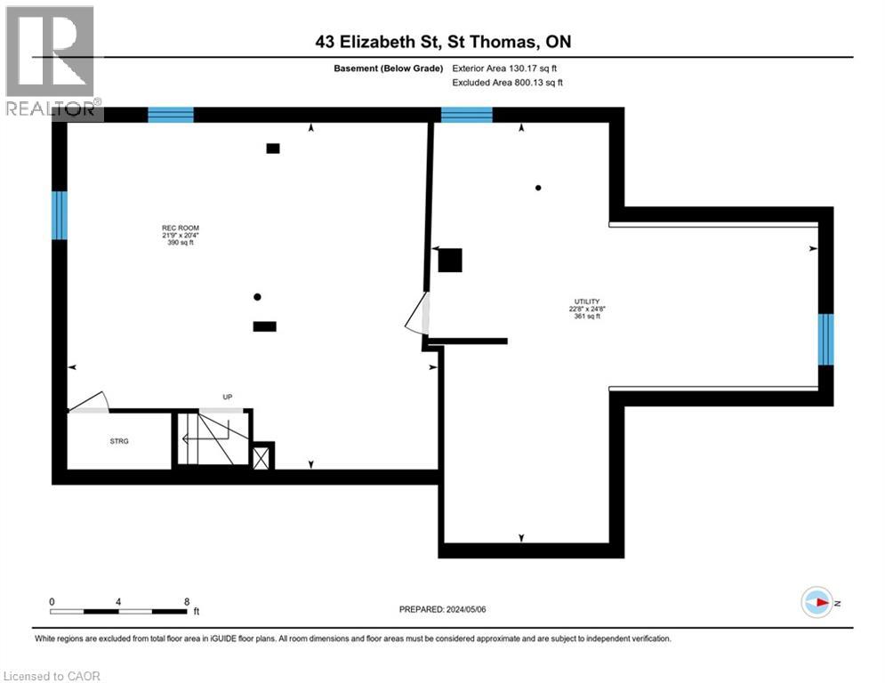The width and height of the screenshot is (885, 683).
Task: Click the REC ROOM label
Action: click(181, 228)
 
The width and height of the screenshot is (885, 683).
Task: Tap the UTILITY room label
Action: click(587, 301)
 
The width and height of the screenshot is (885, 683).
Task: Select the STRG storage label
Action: click(119, 441)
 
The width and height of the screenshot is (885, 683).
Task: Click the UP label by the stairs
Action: click(228, 397)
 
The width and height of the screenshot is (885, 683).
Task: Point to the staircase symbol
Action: click(213, 438)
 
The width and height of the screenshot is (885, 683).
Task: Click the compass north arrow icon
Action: click(817, 602)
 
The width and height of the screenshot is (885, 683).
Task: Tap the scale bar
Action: click(118, 611)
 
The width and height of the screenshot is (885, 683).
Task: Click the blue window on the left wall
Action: click(60, 215)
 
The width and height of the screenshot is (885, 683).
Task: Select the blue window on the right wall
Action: click(825, 339)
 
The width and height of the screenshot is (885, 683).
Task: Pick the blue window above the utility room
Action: click(466, 115)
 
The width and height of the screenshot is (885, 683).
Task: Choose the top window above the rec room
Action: click(171, 115)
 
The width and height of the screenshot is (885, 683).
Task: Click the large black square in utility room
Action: click(450, 261)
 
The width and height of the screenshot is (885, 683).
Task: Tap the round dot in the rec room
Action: click(257, 297)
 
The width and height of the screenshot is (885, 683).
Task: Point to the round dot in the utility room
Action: click(538, 188)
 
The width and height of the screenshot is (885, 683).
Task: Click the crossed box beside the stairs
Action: click(261, 458)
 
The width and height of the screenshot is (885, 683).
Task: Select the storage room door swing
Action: click(89, 401)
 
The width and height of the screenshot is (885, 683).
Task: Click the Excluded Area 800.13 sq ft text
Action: click(507, 83)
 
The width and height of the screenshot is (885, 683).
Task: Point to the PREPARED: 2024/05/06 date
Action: click(443, 609)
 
